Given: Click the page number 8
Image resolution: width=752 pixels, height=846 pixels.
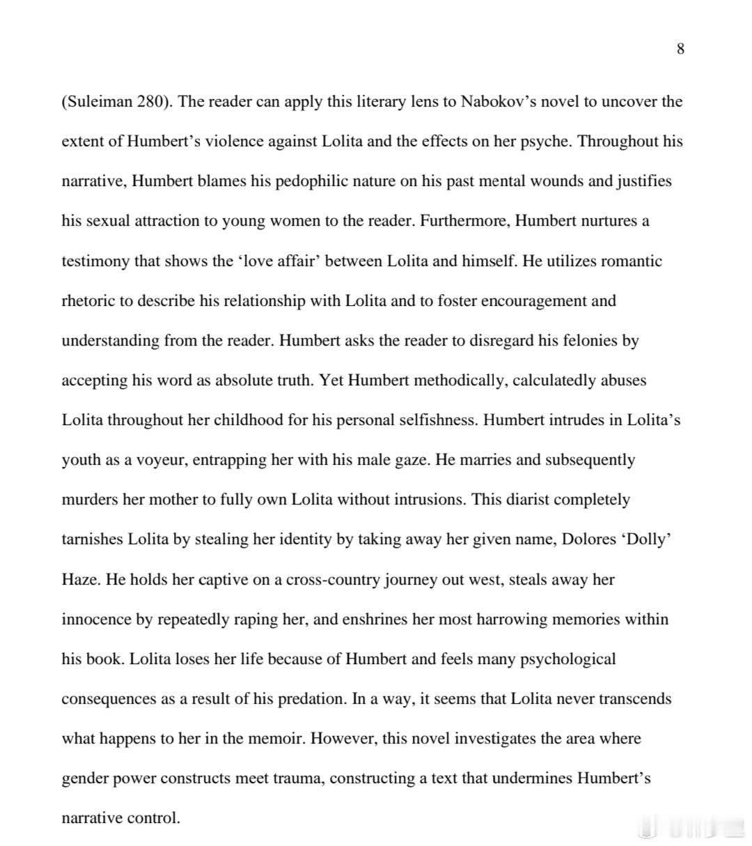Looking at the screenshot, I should point(680,48).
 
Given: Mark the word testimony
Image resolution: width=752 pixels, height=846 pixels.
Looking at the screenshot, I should point(95,261).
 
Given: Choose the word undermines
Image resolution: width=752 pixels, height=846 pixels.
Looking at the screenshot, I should point(532,778).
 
